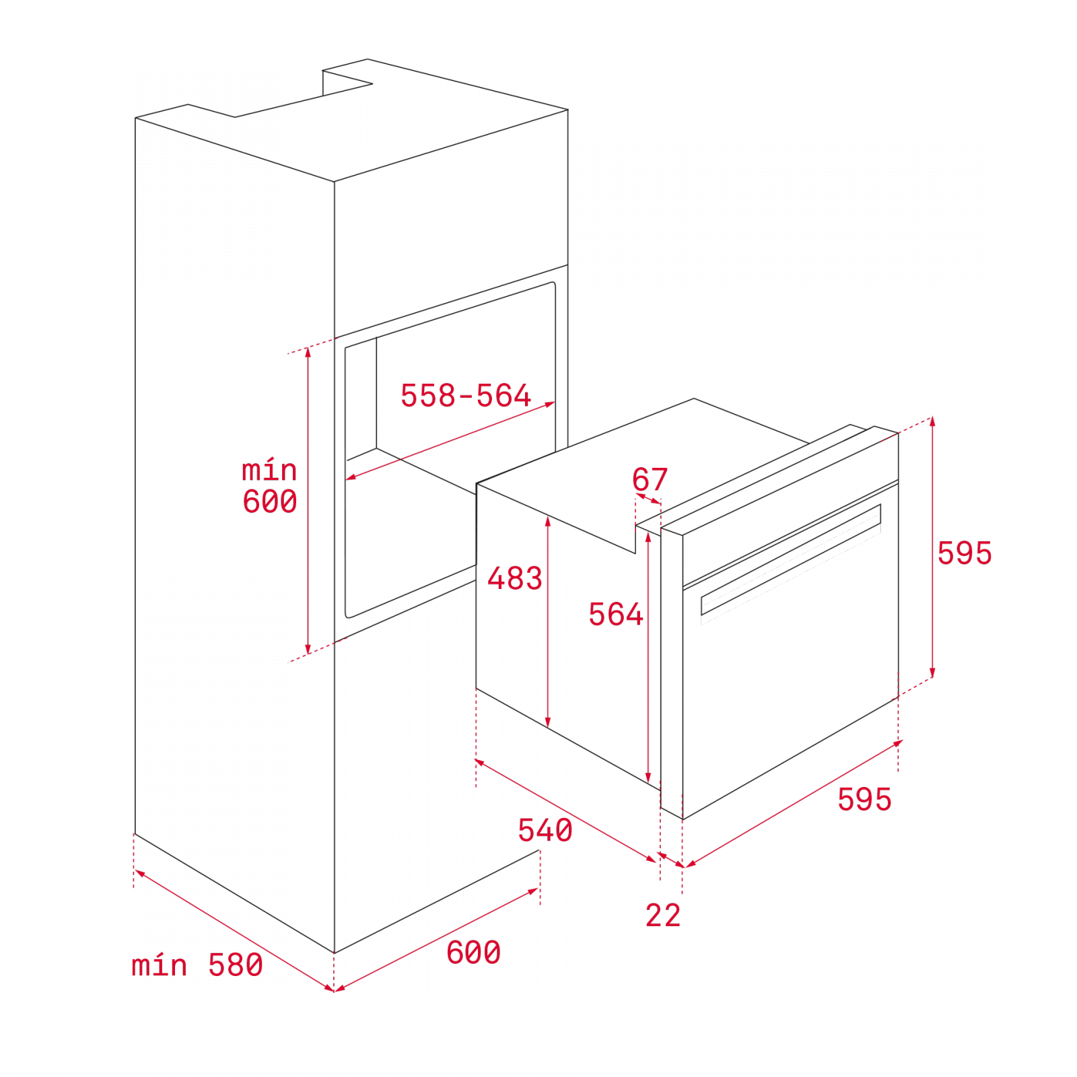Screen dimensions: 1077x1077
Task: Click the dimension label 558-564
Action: (466, 395)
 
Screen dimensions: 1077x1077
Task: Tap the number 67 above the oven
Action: (650, 479)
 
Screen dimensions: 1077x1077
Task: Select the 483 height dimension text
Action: (515, 578)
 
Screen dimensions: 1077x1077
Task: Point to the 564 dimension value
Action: (616, 614)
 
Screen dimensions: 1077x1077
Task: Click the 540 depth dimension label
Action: (545, 830)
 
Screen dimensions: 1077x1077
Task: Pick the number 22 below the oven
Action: (663, 915)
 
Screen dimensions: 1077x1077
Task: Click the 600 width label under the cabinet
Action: (474, 952)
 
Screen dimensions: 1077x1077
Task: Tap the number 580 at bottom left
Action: (236, 965)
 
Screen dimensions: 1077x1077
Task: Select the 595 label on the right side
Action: (965, 553)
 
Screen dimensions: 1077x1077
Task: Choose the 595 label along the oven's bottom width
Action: (865, 800)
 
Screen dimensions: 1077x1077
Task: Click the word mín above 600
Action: (269, 469)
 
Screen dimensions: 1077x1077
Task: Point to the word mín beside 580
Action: (160, 965)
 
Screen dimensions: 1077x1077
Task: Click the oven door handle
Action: (791, 560)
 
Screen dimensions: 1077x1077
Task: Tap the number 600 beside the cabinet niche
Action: (270, 501)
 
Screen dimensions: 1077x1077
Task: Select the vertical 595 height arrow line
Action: (932, 547)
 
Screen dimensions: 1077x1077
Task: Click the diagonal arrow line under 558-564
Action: (450, 441)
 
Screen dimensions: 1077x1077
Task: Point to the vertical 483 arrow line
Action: (548, 621)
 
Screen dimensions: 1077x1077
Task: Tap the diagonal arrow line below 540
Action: (565, 810)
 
